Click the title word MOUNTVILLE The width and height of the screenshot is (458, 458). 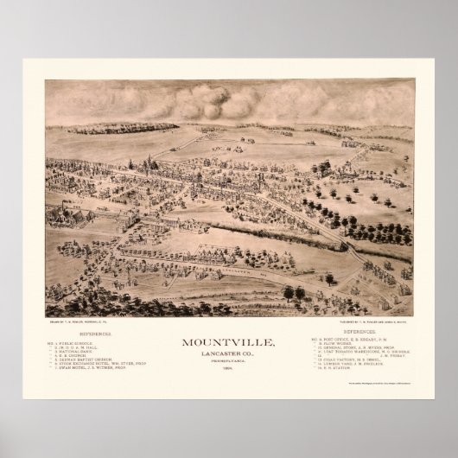(227, 318)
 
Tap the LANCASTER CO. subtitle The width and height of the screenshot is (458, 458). (227, 329)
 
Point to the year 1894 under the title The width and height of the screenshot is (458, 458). (227, 343)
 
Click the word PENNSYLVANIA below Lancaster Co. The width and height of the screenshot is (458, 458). (227, 337)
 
